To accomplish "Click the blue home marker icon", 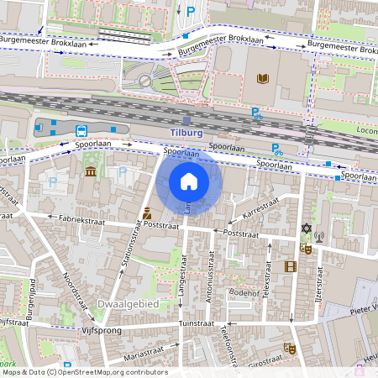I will pyautogui.click(x=188, y=181).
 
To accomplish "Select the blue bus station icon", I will pyautogui.click(x=81, y=131).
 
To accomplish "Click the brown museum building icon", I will pyautogui.click(x=90, y=172).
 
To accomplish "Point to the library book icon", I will pyautogui.click(x=262, y=79).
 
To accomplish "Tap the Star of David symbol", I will pyautogui.click(x=305, y=228).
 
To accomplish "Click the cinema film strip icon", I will pyautogui.click(x=291, y=267).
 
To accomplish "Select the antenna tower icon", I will pyautogui.click(x=318, y=249).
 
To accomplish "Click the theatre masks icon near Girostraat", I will pyautogui.click(x=291, y=348).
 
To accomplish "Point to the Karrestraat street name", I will pyautogui.click(x=260, y=206).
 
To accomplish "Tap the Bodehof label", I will pyautogui.click(x=244, y=292).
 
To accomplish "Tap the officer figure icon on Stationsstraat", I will pyautogui.click(x=146, y=213).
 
